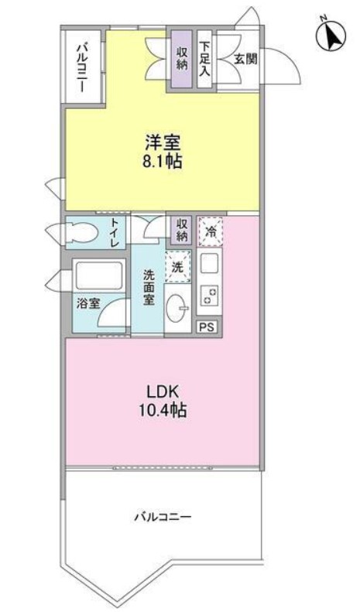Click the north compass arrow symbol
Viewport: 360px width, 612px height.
pyautogui.click(x=331, y=34)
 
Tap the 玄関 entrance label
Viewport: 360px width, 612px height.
pyautogui.click(x=245, y=60)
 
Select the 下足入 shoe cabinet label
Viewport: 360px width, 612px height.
pyautogui.click(x=204, y=59)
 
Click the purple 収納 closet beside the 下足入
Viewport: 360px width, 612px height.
pyautogui.click(x=180, y=59)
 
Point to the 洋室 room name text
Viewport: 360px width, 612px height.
pyautogui.click(x=163, y=142)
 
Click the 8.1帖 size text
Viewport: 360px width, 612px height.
pyautogui.click(x=163, y=161)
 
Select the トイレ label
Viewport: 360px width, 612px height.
pyautogui.click(x=115, y=233)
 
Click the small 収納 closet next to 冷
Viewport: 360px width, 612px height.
pyautogui.click(x=181, y=231)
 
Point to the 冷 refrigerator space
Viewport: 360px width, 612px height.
pyautogui.click(x=210, y=232)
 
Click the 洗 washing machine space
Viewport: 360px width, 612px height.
pyautogui.click(x=177, y=267)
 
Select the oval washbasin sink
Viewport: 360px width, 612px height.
pyautogui.click(x=178, y=309)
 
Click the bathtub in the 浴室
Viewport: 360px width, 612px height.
pyautogui.click(x=99, y=276)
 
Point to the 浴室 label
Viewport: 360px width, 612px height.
pyautogui.click(x=88, y=303)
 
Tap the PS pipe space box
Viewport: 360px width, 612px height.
pyautogui.click(x=207, y=327)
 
